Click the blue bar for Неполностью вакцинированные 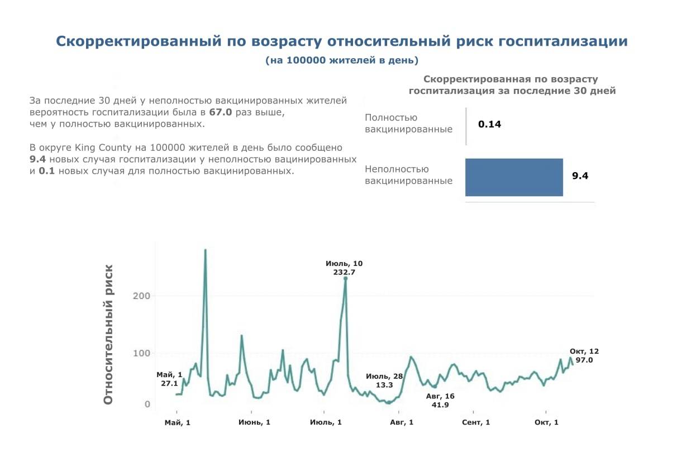(x=514, y=177)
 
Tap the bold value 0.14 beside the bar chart (x=489, y=124)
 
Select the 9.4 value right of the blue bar (x=580, y=176)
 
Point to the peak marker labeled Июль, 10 (x=345, y=278)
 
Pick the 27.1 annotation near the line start (x=169, y=384)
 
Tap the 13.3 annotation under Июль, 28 (x=384, y=385)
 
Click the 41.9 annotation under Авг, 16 (x=440, y=405)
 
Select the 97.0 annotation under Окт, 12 (x=584, y=360)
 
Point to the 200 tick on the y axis (x=141, y=296)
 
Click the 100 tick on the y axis (x=141, y=353)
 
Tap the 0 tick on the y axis (x=147, y=404)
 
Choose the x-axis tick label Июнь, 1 (x=254, y=422)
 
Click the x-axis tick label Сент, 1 (x=476, y=422)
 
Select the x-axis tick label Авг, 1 (x=402, y=422)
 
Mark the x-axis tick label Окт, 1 (x=546, y=422)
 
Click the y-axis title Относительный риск (x=108, y=334)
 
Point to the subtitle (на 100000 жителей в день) (x=342, y=60)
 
